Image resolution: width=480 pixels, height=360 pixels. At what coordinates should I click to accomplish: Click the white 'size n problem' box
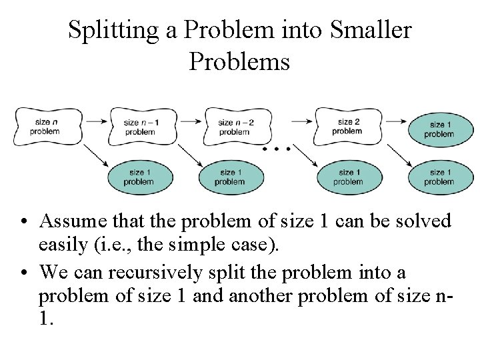point(45,126)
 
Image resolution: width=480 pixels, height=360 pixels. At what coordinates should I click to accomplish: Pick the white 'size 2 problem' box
point(347,126)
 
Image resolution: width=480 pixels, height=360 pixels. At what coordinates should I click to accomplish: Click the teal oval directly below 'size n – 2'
point(230,176)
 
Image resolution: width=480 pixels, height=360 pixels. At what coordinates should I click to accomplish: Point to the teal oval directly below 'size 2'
point(347,176)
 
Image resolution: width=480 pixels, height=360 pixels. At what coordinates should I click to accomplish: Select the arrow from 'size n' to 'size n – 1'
point(96,121)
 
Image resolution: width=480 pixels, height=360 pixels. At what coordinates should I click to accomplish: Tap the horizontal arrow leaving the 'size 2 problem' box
point(394,121)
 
